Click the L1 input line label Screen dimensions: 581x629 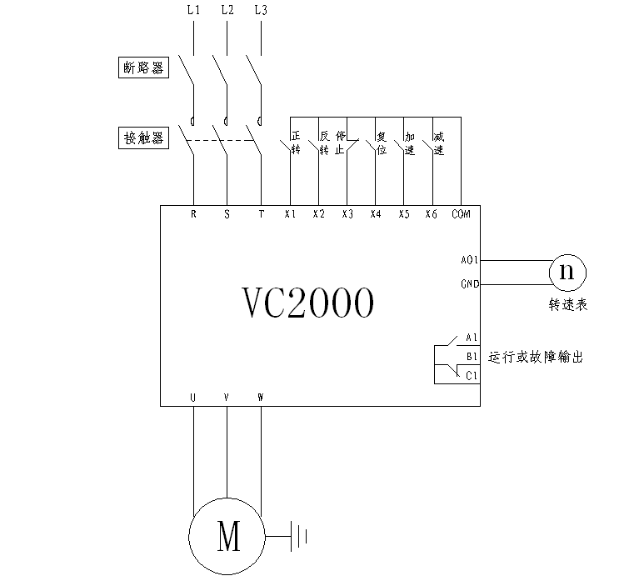pos(193,11)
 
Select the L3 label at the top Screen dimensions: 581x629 pos(260,11)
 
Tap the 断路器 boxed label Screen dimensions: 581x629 pos(142,68)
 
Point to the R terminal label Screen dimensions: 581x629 pos(193,214)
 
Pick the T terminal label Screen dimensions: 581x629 pos(260,214)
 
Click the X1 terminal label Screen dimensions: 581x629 pos(290,214)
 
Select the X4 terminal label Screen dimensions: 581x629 pos(376,214)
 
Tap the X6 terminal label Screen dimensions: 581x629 pos(432,214)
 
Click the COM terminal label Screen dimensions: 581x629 pos(461,214)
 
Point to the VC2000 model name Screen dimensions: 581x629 pos(307,303)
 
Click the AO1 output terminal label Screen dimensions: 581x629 pos(468,260)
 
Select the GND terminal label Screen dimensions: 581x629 pos(468,284)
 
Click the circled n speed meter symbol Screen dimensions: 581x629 pos(567,272)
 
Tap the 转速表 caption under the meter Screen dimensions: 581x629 pos(568,305)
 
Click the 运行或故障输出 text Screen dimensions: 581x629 pos(535,357)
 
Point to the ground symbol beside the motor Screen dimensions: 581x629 pos(299,535)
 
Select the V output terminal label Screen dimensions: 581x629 pos(227,398)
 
